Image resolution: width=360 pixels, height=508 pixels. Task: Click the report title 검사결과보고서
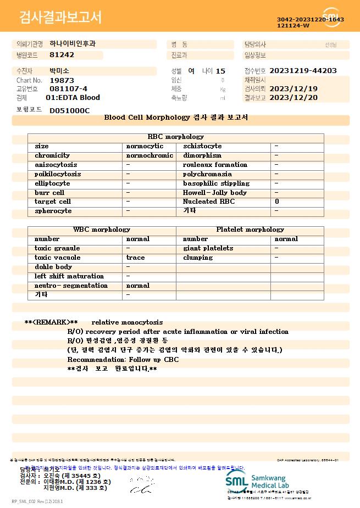[60, 18]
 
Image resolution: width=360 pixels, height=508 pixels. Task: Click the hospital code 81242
[62, 55]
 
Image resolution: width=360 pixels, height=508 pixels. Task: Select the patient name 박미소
[59, 71]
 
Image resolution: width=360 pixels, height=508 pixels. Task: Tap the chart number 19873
[61, 80]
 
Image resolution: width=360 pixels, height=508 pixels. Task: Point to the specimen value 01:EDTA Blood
[73, 98]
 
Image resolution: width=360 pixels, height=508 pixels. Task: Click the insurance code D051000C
[69, 110]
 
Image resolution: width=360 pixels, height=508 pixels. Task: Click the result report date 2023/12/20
[301, 98]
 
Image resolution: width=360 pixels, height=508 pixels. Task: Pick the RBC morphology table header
[176, 137]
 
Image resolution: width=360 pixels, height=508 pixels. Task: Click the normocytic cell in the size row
[145, 146]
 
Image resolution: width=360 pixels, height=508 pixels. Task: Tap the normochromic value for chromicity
[149, 155]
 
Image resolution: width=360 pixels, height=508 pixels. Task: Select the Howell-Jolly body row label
[215, 193]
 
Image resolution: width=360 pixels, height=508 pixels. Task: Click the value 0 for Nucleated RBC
[277, 202]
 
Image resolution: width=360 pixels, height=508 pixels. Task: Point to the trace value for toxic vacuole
[135, 258]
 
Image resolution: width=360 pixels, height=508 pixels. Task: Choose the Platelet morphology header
[250, 230]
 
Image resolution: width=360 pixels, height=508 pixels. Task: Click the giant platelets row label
[208, 248]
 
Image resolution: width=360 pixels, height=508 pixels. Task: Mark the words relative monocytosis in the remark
[127, 322]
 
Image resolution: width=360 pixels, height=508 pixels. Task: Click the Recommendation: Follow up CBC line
[123, 360]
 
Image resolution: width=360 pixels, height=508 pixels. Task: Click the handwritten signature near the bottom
[141, 484]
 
